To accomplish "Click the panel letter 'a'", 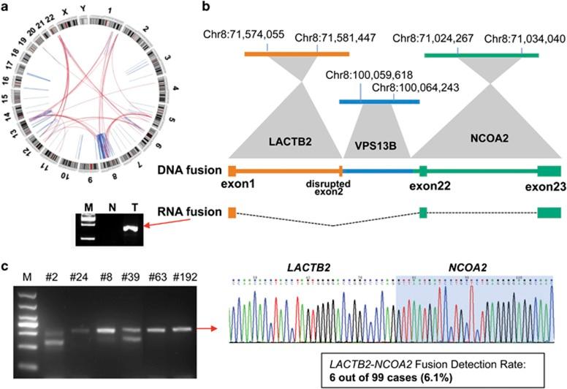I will pyautogui.click(x=6, y=7).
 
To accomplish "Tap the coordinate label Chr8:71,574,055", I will pyautogui.click(x=245, y=37).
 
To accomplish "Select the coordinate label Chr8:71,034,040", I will pyautogui.click(x=522, y=37).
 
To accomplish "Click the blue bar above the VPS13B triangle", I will pyautogui.click(x=379, y=101).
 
